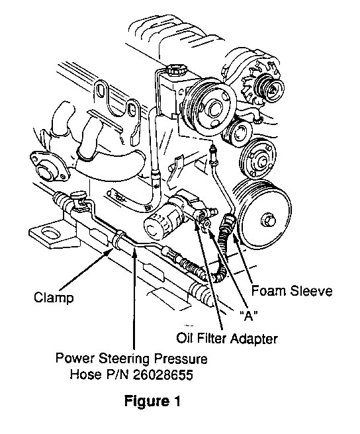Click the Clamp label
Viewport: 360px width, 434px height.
click(54, 298)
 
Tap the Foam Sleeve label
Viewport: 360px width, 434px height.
click(292, 291)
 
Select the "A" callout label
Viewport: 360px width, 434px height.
click(248, 315)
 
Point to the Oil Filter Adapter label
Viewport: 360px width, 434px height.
click(227, 338)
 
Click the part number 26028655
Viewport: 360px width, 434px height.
click(163, 374)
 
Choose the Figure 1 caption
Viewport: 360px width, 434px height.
click(152, 401)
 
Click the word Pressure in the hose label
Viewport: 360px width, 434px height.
click(181, 359)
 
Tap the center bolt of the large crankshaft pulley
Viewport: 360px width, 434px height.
click(268, 221)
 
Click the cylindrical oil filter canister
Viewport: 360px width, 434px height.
click(161, 220)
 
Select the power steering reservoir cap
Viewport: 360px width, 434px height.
click(175, 69)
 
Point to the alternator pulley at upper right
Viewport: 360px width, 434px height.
click(270, 87)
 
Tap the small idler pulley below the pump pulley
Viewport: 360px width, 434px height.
click(238, 134)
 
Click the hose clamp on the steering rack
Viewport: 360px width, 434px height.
click(118, 238)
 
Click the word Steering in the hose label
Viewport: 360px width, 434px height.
click(124, 359)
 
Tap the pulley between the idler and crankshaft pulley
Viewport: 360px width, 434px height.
click(258, 159)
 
